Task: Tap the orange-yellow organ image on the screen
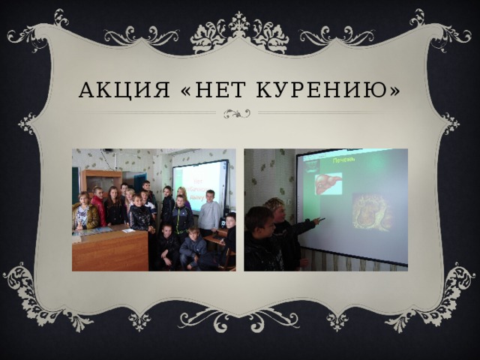[x=372, y=211]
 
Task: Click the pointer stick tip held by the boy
[x=322, y=220]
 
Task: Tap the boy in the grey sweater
[x=210, y=214]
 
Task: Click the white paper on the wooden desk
[x=128, y=230]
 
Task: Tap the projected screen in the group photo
[x=200, y=184]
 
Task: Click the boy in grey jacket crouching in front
[x=193, y=247]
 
